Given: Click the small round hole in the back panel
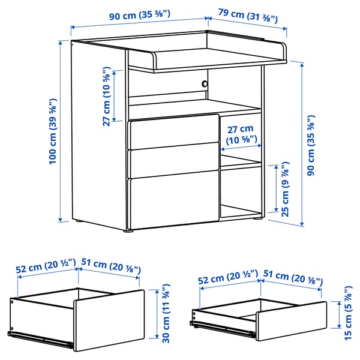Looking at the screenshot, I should [205, 84].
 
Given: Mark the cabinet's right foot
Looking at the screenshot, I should [257, 221].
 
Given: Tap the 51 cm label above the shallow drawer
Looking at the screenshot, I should [292, 279].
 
